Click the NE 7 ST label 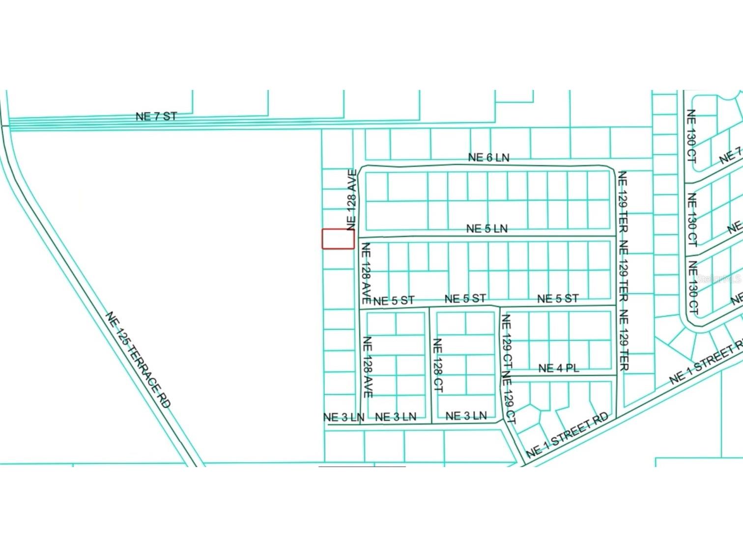click(x=156, y=116)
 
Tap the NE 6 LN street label click(x=488, y=157)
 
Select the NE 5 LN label click(x=486, y=228)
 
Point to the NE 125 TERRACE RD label click(x=139, y=360)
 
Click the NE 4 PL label click(x=558, y=368)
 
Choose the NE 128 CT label click(x=437, y=364)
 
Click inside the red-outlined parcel click(x=338, y=239)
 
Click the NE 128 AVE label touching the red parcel click(x=351, y=200)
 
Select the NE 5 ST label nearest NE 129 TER click(x=558, y=298)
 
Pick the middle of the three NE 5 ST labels click(x=465, y=298)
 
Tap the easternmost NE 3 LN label click(x=466, y=416)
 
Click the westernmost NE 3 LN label click(x=343, y=417)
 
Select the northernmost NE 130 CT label click(x=691, y=136)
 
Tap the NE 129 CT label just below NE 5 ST click(x=506, y=342)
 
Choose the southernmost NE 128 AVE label click(x=367, y=367)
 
